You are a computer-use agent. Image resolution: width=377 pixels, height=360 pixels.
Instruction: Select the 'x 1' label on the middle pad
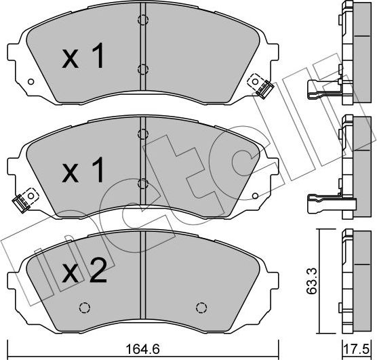[84, 172]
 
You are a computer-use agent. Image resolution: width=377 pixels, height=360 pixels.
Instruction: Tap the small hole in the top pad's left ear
[30, 83]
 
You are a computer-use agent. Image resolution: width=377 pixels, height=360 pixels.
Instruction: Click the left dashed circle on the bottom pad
[85, 307]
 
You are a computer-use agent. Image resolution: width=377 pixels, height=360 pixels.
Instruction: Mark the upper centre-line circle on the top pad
[142, 20]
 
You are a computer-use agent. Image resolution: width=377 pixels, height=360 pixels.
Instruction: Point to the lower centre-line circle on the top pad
[142, 68]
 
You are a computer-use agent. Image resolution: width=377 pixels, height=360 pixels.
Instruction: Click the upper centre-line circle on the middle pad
[142, 134]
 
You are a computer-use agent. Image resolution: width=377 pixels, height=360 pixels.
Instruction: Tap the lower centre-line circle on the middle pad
[142, 182]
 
